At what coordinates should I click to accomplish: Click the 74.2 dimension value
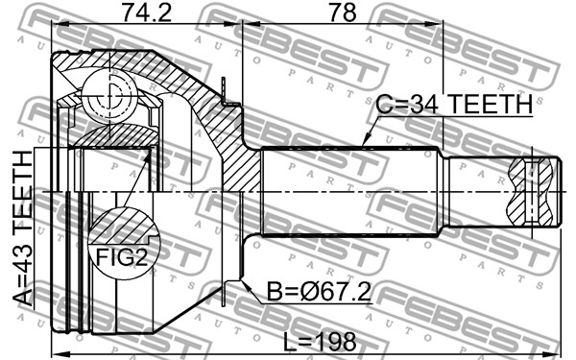147,13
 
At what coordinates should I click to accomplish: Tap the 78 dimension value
343,13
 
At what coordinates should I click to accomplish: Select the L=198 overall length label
320,342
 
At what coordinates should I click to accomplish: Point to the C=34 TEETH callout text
454,104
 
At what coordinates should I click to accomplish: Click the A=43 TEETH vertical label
23,228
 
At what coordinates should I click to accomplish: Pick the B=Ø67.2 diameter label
319,292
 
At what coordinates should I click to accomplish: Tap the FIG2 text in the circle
121,257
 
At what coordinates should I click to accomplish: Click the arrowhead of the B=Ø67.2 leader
245,284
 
